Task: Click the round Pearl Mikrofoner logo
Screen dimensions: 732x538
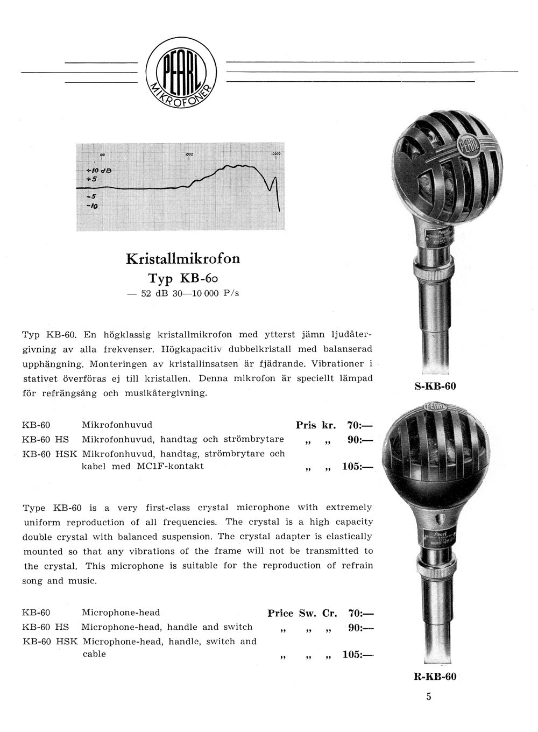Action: pos(181,74)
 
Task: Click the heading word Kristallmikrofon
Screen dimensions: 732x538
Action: pos(183,259)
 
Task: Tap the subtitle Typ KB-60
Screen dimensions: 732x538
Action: pos(183,278)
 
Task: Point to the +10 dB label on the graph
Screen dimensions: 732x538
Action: pos(98,170)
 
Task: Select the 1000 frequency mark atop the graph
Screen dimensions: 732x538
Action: pos(189,154)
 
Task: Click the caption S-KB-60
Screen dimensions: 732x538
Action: pos(436,385)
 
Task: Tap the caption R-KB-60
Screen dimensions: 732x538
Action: pos(435,677)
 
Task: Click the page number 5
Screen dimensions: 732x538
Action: pos(429,696)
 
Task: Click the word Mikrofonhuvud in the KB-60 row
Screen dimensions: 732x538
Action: pos(117,425)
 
